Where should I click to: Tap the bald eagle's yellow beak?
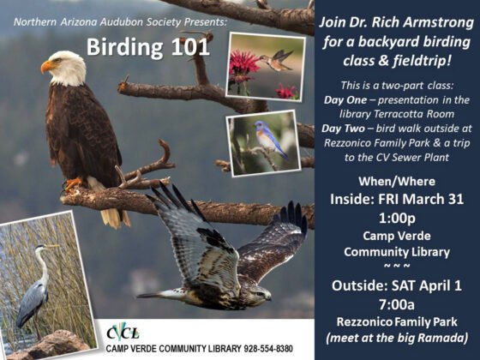(x=47, y=66)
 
